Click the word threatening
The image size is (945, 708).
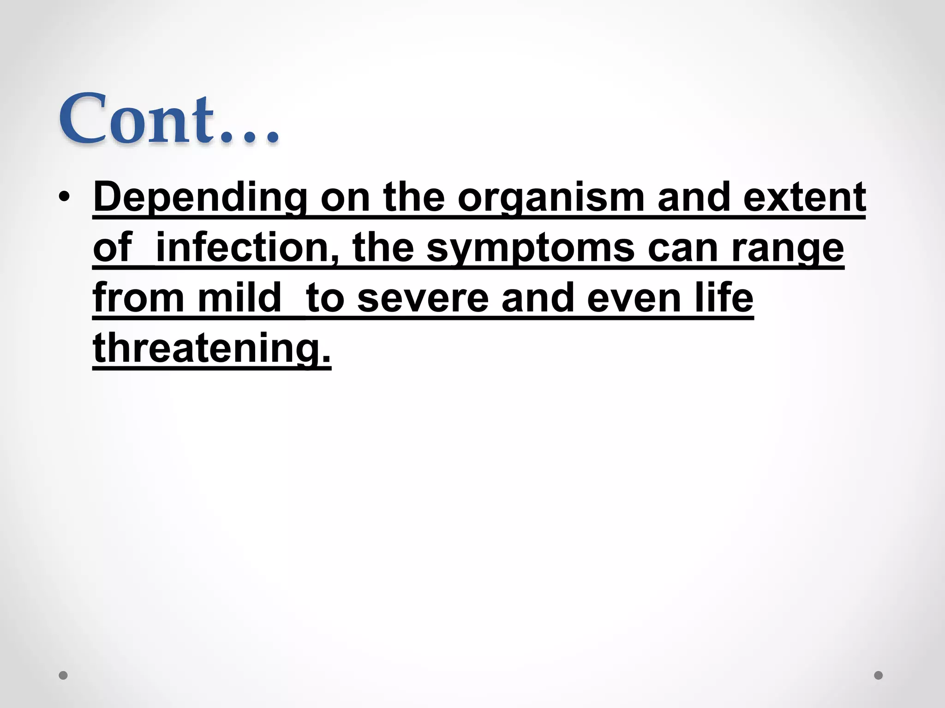[211, 348]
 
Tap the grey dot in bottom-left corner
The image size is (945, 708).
[64, 675]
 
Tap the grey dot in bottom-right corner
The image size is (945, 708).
[879, 675]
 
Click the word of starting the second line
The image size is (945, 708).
[113, 248]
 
